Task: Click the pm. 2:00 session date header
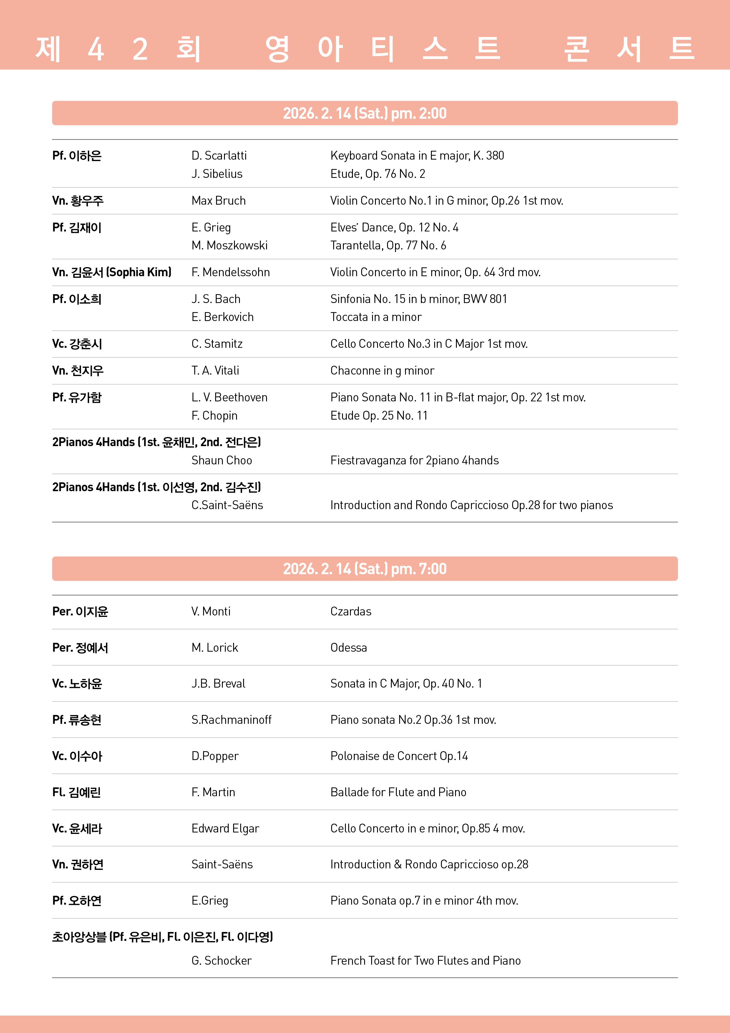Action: [x=365, y=113]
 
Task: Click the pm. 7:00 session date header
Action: [x=365, y=569]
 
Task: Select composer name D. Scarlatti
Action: [x=219, y=156]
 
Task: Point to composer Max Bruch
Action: [x=219, y=201]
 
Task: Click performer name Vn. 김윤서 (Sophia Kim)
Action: [x=112, y=272]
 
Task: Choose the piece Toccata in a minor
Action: [x=376, y=317]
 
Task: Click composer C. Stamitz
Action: [x=217, y=344]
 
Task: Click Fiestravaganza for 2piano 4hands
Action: [x=414, y=460]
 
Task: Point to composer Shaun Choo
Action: [x=221, y=460]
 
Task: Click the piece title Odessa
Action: [x=348, y=648]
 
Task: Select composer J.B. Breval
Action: [x=218, y=683]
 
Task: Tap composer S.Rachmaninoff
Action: [x=231, y=720]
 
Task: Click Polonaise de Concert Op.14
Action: [x=399, y=756]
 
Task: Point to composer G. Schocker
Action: [x=221, y=961]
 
